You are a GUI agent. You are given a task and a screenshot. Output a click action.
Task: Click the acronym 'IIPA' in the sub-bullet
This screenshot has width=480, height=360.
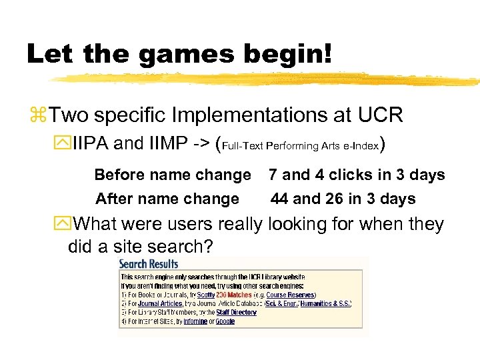pos(91,143)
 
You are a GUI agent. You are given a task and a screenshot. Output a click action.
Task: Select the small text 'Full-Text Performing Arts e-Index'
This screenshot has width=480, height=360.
pos(301,145)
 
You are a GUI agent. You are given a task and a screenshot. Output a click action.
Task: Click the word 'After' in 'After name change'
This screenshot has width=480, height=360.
pos(113,199)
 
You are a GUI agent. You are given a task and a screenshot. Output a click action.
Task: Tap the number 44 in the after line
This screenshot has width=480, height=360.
pos(279,199)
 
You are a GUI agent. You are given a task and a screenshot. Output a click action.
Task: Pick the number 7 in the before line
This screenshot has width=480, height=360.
pos(273,175)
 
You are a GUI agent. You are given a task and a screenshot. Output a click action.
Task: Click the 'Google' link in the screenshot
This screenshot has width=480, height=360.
pos(225,321)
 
